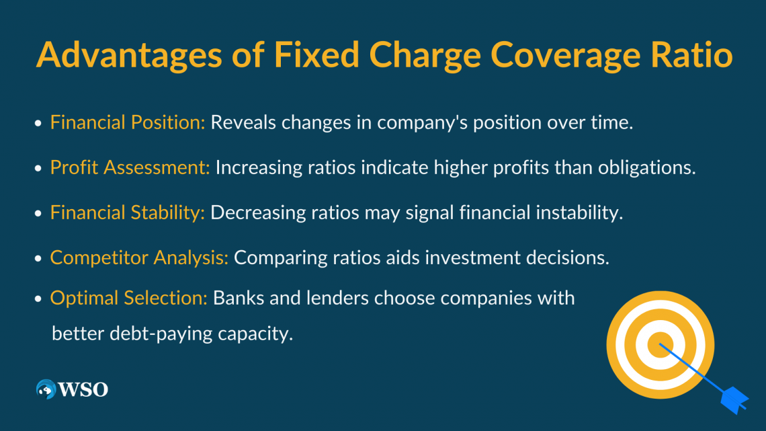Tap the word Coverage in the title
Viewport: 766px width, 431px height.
[565, 54]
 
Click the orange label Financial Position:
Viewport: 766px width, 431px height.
[128, 122]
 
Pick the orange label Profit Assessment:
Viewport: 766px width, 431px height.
[130, 167]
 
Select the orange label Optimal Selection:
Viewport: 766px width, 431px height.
[129, 298]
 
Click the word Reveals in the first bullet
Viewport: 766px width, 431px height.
[243, 122]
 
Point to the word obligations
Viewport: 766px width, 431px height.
[647, 167]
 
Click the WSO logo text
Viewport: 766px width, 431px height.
[83, 389]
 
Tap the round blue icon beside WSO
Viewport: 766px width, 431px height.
[46, 389]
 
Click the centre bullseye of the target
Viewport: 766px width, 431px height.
[660, 345]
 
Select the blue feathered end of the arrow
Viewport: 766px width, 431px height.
[734, 400]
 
